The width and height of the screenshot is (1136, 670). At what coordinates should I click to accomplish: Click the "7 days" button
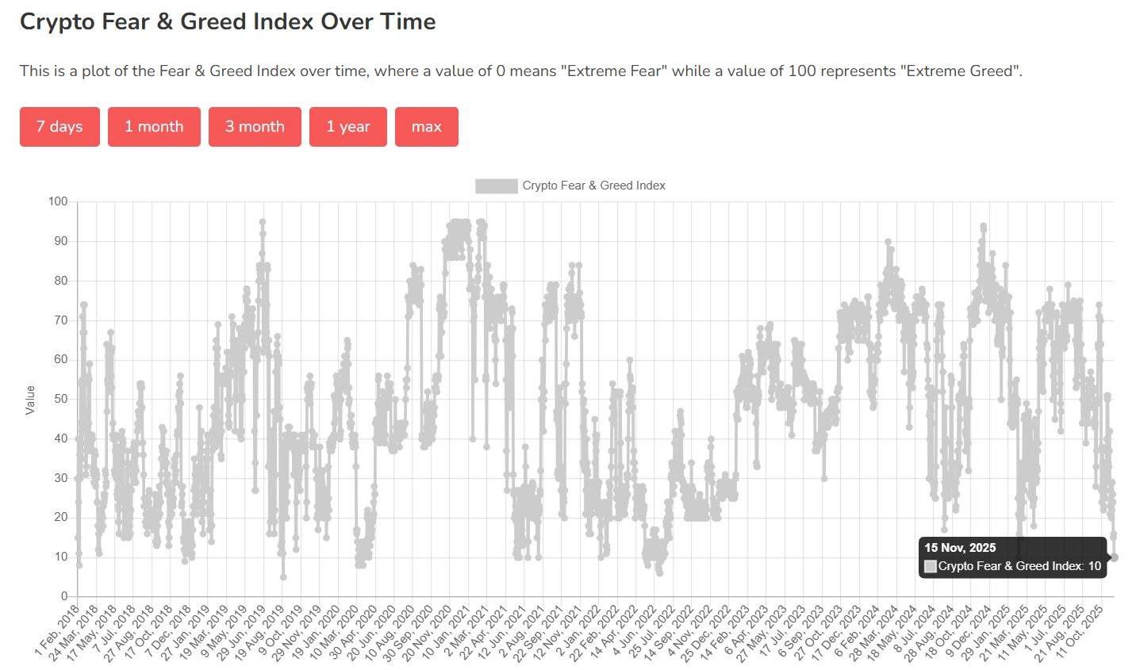[59, 127]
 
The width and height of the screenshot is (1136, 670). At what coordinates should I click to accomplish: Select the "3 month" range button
[255, 127]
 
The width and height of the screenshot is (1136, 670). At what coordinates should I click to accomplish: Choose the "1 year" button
[347, 127]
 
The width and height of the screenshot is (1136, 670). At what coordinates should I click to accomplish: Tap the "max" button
[426, 127]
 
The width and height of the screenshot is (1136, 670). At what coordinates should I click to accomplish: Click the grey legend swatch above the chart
[496, 186]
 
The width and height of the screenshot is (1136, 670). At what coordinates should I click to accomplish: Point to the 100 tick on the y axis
[58, 201]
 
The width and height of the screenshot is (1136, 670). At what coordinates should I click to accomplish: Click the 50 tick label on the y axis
[61, 399]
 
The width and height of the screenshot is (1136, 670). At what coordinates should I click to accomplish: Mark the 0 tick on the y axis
[64, 596]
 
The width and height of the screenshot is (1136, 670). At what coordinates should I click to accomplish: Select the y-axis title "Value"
[30, 400]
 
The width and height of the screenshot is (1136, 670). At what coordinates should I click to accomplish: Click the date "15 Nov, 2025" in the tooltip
[960, 548]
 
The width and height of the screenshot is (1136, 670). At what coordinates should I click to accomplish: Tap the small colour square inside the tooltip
[931, 566]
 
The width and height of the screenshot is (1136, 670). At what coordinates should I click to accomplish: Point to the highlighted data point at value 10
[1114, 557]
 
